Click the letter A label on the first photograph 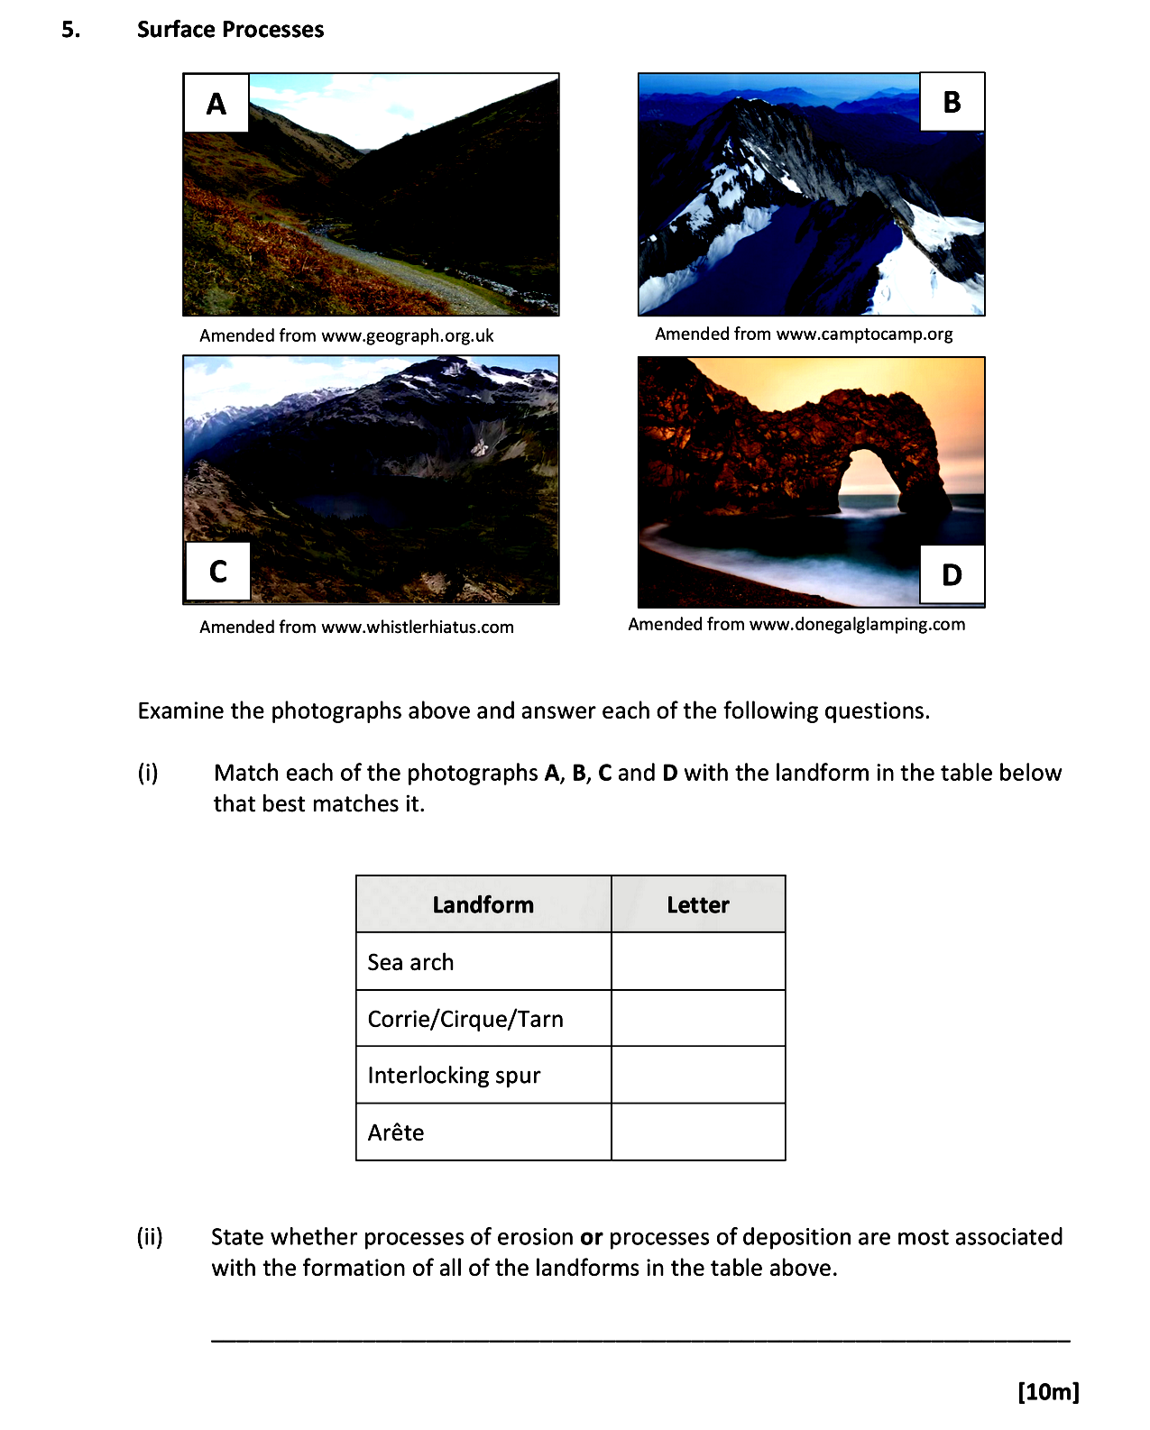[x=216, y=104]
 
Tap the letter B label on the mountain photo [x=952, y=102]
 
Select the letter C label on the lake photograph [x=217, y=571]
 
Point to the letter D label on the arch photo [x=952, y=574]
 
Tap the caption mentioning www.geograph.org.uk [x=346, y=335]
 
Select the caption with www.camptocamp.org [x=804, y=334]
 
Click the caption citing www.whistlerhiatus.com [x=356, y=627]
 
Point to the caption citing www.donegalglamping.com [x=796, y=624]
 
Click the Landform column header [x=483, y=904]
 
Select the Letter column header [x=698, y=904]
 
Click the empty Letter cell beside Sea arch [x=698, y=961]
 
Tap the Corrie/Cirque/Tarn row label [x=465, y=1019]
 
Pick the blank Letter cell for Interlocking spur [x=698, y=1075]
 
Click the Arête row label [x=396, y=1132]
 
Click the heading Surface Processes [x=230, y=30]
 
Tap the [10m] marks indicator [x=1048, y=1391]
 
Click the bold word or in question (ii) [x=591, y=1237]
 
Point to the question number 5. [x=70, y=30]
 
